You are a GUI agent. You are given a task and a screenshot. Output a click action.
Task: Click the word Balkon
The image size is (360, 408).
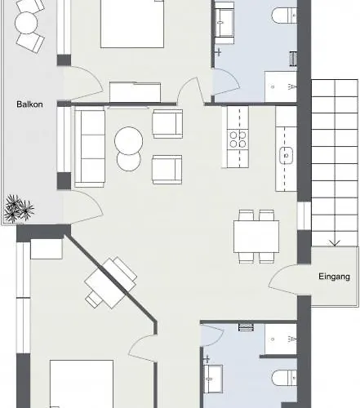click(29, 104)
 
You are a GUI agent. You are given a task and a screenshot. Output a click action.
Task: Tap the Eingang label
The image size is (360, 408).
click(335, 277)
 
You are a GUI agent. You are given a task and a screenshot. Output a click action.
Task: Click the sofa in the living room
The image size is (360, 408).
click(90, 148)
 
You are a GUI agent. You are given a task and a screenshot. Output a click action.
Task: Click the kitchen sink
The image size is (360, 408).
click(286, 154)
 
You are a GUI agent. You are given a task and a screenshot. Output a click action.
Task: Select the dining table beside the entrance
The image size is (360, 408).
click(256, 236)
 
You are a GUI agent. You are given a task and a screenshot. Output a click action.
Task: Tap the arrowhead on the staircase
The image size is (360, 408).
click(333, 242)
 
